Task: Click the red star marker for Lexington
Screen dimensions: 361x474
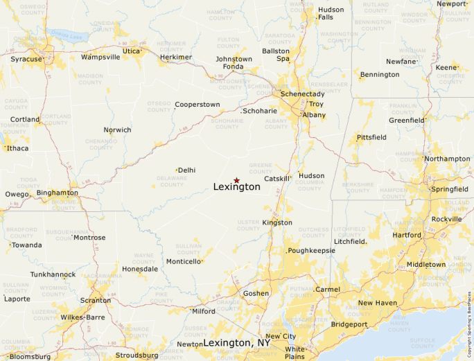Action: [x=236, y=180]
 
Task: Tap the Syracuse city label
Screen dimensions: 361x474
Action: [x=26, y=60]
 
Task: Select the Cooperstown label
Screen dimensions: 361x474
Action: [x=197, y=105]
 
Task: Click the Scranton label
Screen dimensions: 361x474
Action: [x=95, y=301]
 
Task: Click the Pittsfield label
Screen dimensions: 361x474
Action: [x=371, y=138]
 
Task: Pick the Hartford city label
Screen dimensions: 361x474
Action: [x=406, y=235]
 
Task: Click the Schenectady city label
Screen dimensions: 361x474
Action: [x=302, y=94]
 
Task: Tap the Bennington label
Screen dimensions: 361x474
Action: [x=380, y=74]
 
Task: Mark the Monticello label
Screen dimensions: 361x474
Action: [x=184, y=261]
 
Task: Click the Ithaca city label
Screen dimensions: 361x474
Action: [x=18, y=148]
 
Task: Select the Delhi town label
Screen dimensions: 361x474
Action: [x=186, y=170]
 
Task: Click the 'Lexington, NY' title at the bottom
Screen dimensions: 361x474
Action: [x=237, y=343]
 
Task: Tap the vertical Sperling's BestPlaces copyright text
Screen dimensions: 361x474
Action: [x=470, y=319]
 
